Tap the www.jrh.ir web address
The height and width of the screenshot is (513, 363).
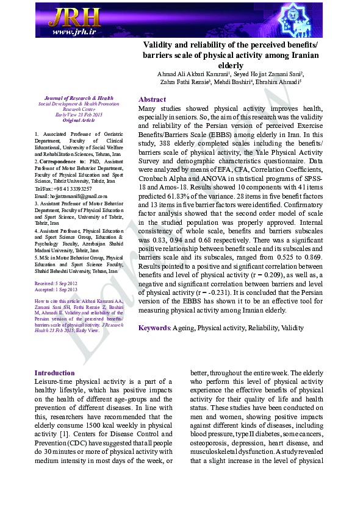click(73, 32)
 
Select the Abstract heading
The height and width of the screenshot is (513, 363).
click(152, 99)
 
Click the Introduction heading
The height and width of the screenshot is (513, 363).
click(54, 373)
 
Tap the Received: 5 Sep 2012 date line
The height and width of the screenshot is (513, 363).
click(56, 284)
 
